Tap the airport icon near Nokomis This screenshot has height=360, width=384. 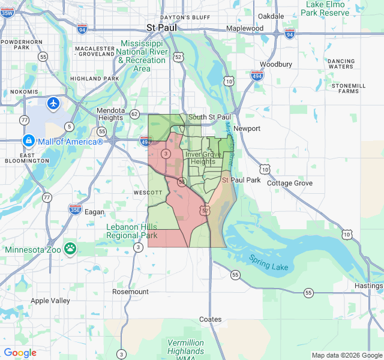coord(53,103)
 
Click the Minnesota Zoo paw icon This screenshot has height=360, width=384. coord(71,247)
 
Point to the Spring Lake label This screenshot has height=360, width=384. coord(269,262)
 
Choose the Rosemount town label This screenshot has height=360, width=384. coord(130,292)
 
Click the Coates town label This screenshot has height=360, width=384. coord(210,319)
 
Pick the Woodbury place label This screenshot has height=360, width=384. coord(276,64)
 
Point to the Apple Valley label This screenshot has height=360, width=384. coord(50,301)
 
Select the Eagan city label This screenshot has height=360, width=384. coord(94,212)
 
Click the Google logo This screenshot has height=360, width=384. coord(20,353)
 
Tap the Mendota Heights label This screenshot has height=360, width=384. coord(111,115)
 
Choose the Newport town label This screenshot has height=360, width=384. coord(247,128)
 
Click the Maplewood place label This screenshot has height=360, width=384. coord(245,28)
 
